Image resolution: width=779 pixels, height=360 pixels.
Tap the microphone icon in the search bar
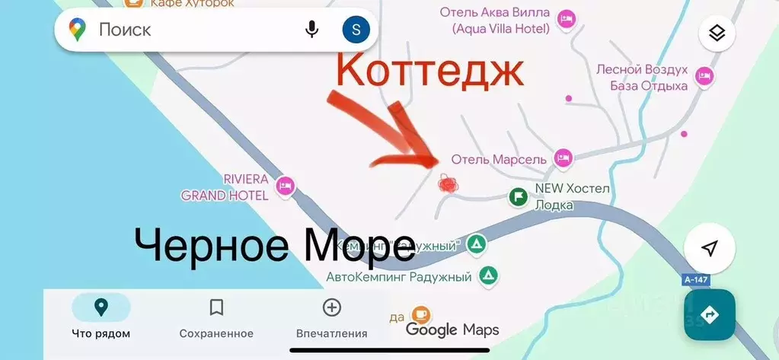click(x=311, y=30)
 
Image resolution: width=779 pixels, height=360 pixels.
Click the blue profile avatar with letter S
click(x=356, y=30)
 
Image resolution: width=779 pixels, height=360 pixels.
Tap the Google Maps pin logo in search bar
click(x=77, y=30)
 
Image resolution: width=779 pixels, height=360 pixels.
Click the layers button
click(x=717, y=33)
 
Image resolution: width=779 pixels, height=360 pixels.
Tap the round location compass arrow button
click(x=709, y=248)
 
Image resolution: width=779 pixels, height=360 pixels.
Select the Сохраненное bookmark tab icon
click(x=216, y=307)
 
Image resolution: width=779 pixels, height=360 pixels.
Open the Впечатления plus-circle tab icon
click(x=331, y=307)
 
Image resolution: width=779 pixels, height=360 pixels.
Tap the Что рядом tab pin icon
click(x=101, y=307)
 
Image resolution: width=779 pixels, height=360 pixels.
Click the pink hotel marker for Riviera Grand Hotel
click(x=286, y=185)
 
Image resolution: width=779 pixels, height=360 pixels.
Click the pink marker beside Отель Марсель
click(x=563, y=158)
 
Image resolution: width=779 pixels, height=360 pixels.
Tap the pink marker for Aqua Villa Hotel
click(x=566, y=19)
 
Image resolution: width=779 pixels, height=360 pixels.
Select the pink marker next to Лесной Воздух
click(x=704, y=75)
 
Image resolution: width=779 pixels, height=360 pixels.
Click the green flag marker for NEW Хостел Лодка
click(x=518, y=196)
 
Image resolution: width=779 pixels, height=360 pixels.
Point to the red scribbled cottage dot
click(x=448, y=183)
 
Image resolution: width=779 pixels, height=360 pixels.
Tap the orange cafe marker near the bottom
click(x=420, y=314)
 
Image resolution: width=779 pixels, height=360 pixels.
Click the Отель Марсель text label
click(x=499, y=159)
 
